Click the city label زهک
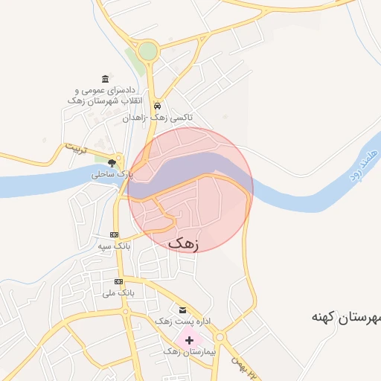tap(184, 243)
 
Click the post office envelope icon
tap(182, 310)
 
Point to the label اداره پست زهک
tap(182, 321)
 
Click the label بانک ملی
tap(120, 293)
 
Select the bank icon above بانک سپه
tap(113, 234)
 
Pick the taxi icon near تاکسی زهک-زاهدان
tap(158, 106)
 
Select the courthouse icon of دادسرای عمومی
tap(105, 79)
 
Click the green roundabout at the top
tap(148, 51)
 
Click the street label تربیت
tap(75, 147)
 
